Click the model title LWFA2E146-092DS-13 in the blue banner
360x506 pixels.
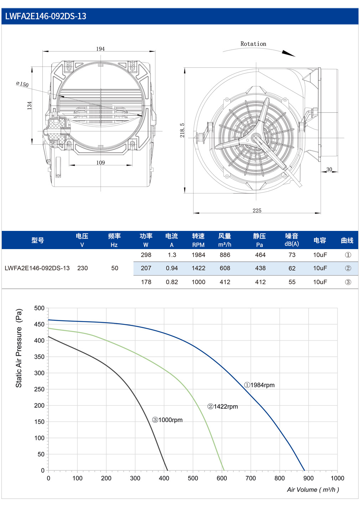pyautogui.click(x=46, y=16)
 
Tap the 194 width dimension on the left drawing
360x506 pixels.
pyautogui.click(x=101, y=49)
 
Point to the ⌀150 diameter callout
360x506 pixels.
pyautogui.click(x=22, y=84)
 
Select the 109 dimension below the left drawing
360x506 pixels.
pyautogui.click(x=101, y=162)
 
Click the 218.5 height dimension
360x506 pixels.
pyautogui.click(x=182, y=130)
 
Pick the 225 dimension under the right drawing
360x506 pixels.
pyautogui.click(x=257, y=211)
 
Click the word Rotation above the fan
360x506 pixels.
pyautogui.click(x=253, y=44)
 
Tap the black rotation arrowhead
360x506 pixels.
pyautogui.click(x=288, y=53)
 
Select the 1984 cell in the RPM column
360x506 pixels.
pyautogui.click(x=199, y=255)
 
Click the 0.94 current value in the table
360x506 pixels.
pyautogui.click(x=172, y=268)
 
